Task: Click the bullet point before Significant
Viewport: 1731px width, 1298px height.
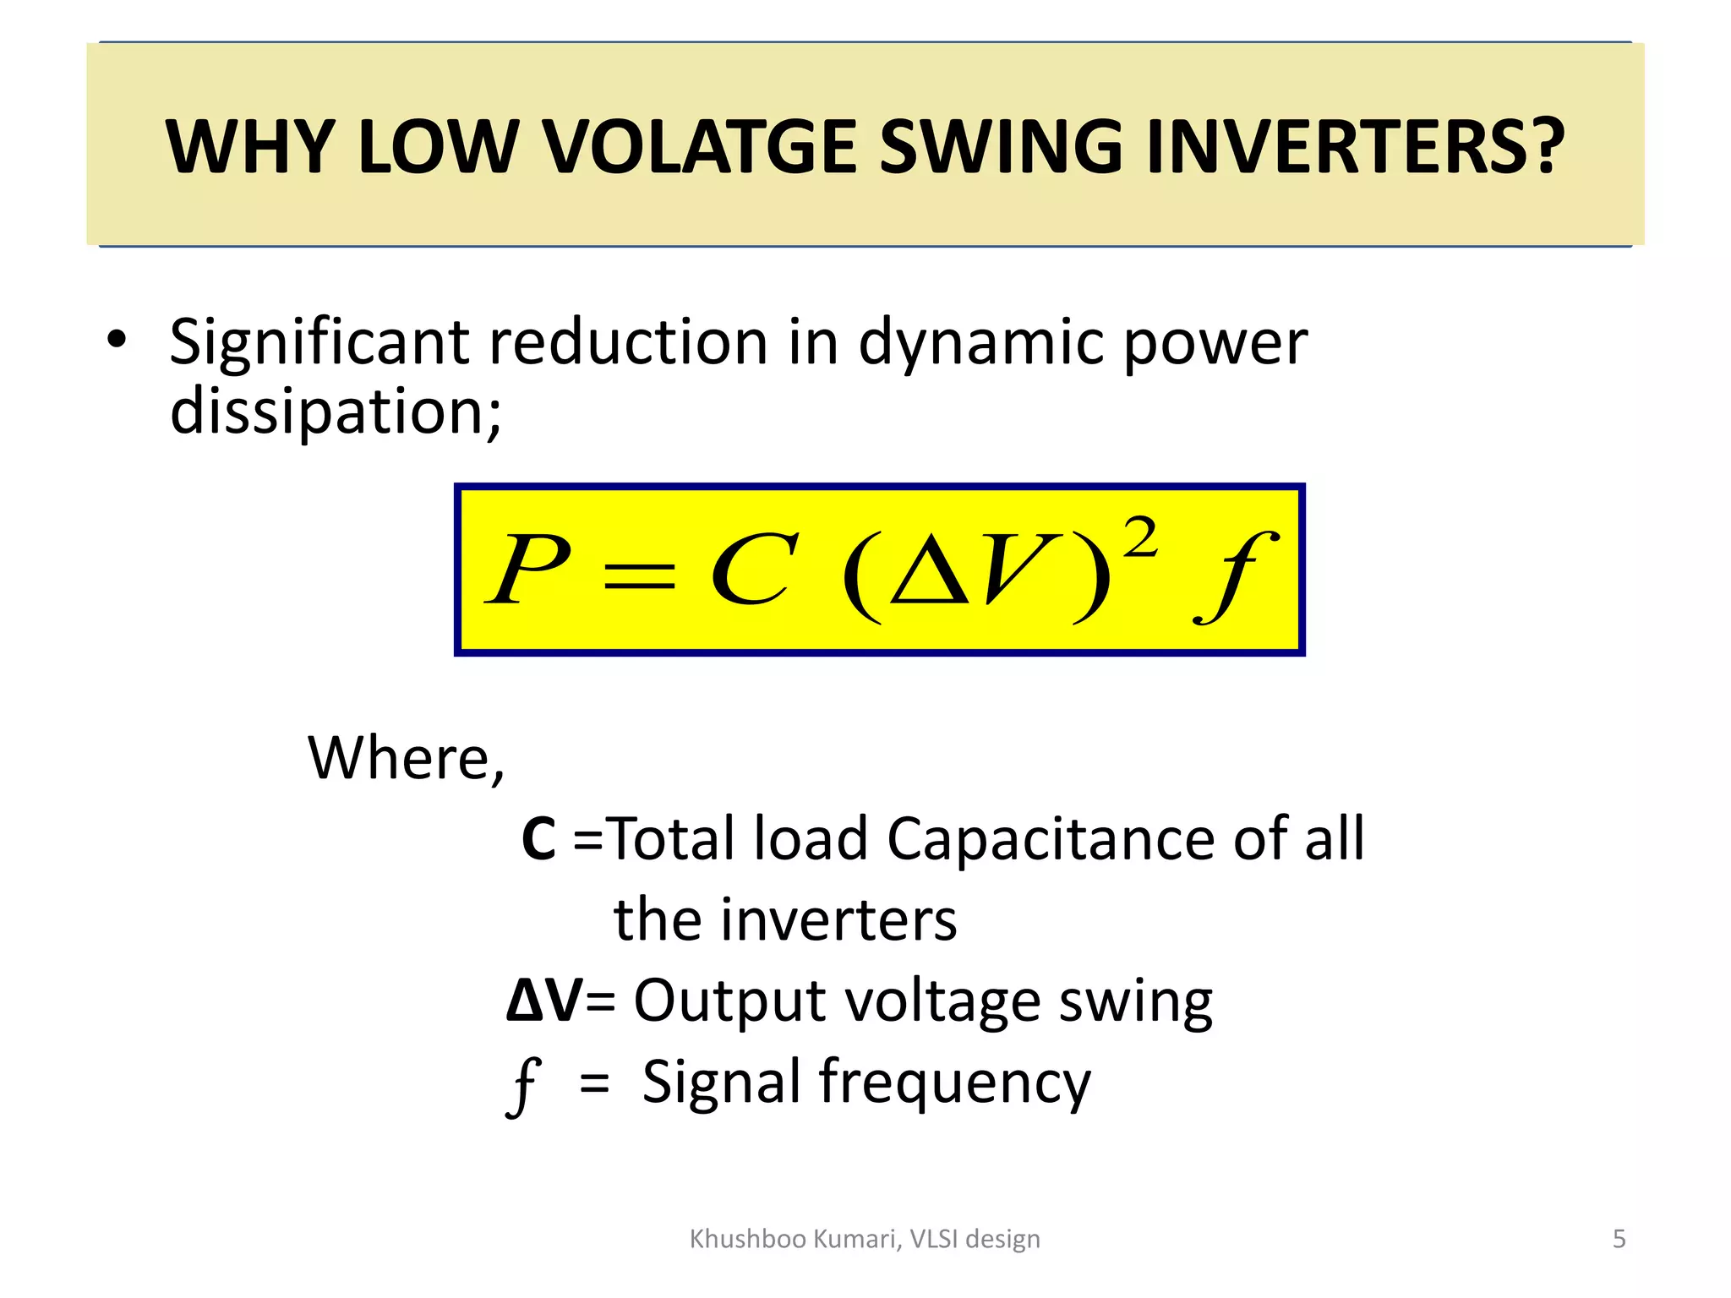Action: click(x=117, y=341)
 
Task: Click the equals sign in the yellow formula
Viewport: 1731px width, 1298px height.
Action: click(x=639, y=577)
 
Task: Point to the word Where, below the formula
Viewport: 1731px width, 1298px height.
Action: click(x=406, y=758)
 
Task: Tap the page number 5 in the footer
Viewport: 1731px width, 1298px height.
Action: click(x=1619, y=1239)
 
